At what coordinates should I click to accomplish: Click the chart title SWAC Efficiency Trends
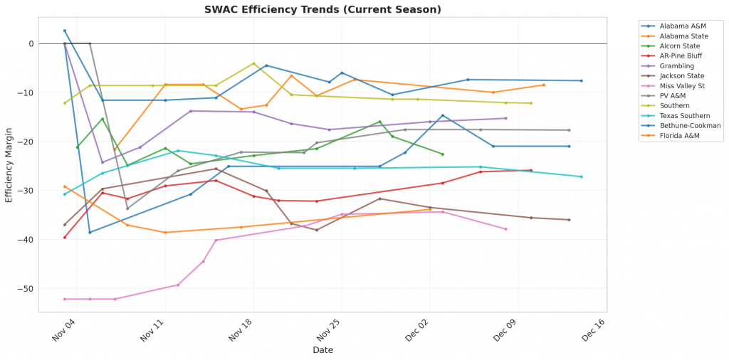[322, 9]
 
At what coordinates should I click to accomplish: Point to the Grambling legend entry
[681, 65]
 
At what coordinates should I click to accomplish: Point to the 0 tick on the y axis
[31, 44]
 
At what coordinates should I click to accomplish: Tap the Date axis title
[322, 350]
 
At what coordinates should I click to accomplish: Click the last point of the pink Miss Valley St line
[505, 229]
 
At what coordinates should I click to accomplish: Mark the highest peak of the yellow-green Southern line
[253, 63]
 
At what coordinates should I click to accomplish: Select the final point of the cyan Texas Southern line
[581, 176]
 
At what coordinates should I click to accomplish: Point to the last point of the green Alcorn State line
[443, 154]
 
